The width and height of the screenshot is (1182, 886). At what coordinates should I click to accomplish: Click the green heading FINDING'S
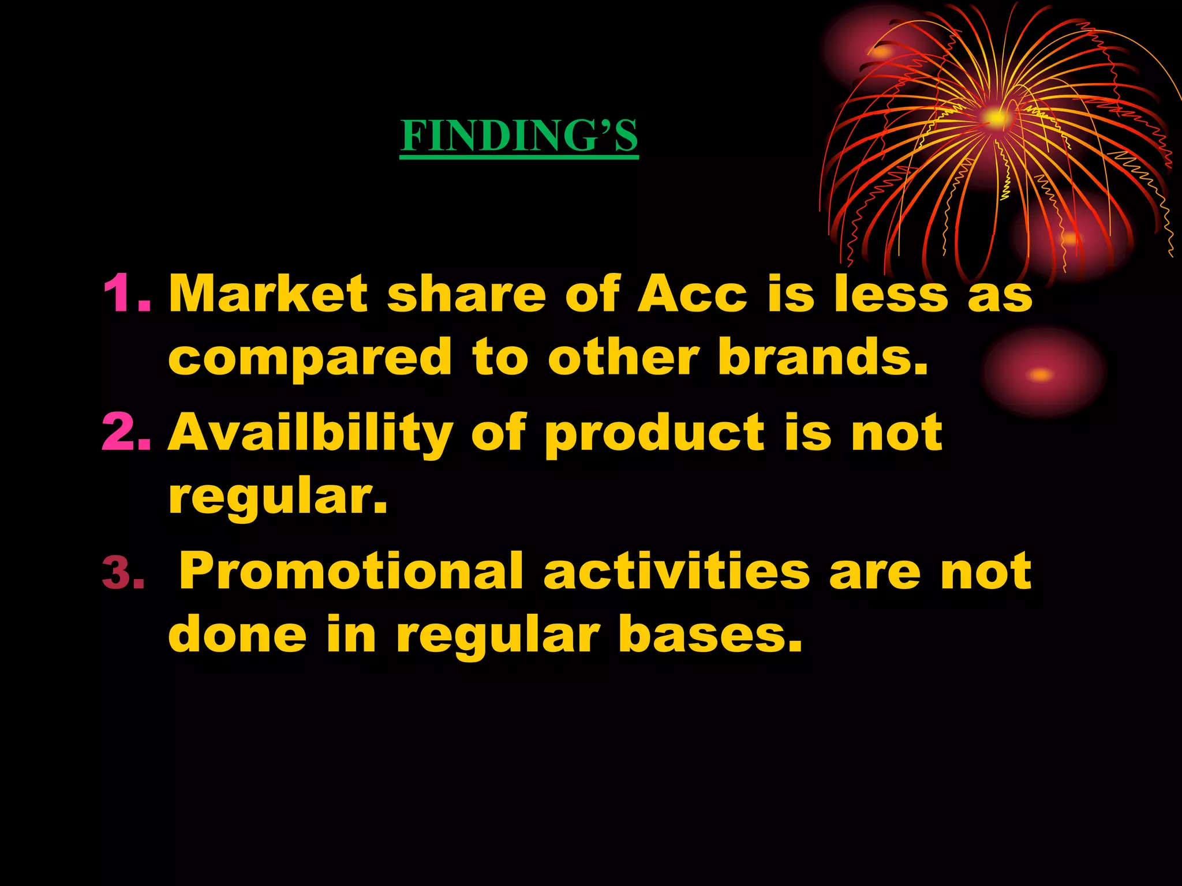(x=519, y=136)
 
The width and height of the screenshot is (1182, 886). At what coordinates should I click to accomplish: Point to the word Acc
(x=692, y=294)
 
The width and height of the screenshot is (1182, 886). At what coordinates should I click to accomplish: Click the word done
(x=237, y=635)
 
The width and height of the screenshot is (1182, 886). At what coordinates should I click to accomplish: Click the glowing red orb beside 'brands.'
(x=1042, y=374)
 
